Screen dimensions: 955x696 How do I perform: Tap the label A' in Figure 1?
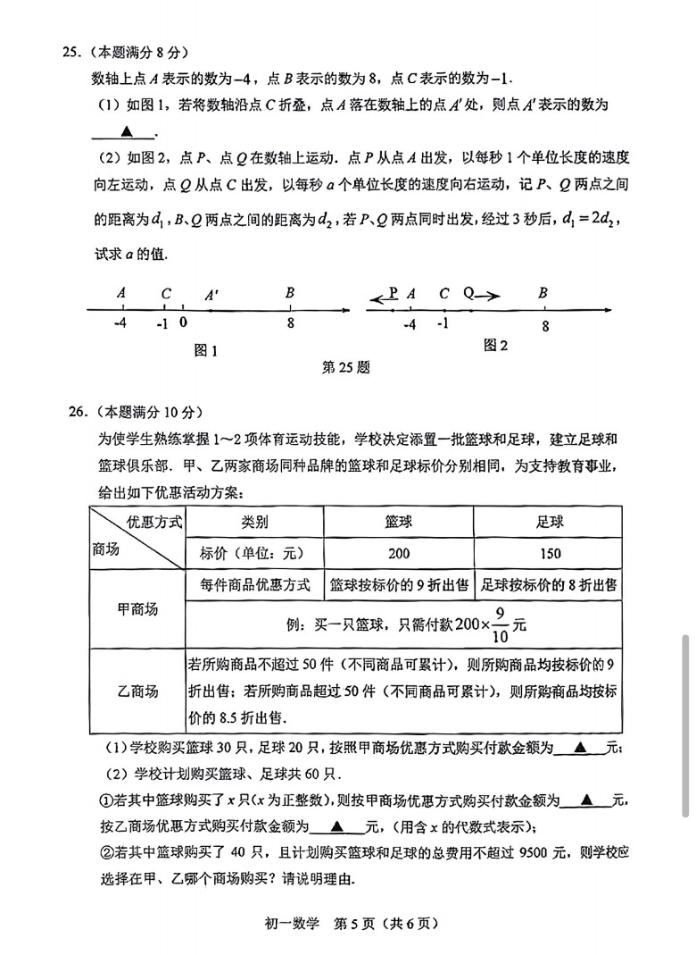point(211,294)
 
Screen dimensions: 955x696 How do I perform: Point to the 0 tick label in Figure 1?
point(183,324)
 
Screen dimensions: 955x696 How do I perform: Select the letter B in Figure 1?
point(290,293)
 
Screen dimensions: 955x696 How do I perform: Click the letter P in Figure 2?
point(393,292)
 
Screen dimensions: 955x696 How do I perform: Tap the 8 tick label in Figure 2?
point(545,326)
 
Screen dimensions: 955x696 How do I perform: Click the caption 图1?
point(206,350)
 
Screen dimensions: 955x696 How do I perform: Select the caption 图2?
point(495,346)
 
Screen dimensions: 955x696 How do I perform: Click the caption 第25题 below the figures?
point(345,367)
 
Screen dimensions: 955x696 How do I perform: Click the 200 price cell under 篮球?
point(399,553)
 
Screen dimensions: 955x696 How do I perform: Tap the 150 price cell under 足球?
point(551,553)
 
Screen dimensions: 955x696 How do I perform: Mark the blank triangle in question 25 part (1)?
point(126,131)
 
